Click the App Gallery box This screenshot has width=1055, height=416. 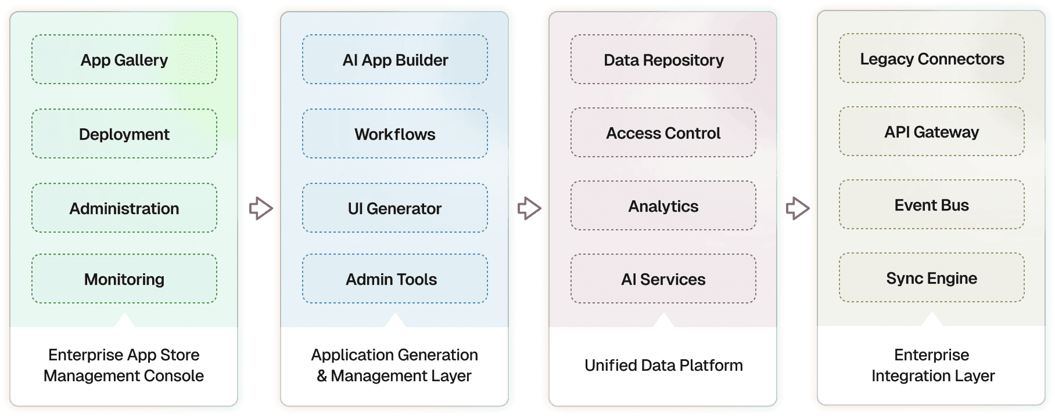coord(124,60)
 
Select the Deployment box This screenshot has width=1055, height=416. coord(124,134)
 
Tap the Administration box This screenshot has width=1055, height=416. coord(124,208)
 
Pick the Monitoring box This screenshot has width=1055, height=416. coord(124,279)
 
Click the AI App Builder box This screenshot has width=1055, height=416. coord(395,60)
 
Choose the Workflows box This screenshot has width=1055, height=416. coord(395,134)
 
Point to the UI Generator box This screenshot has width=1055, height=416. coord(395,208)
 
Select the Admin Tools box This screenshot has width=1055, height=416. coord(395,279)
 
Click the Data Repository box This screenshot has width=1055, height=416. coord(663,60)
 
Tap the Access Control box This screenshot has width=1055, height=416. coord(663,133)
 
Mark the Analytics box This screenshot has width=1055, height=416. coord(663,206)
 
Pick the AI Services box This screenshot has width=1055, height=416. coord(663,279)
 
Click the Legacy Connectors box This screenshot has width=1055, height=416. coord(932,59)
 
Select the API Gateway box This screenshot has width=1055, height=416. coord(932,132)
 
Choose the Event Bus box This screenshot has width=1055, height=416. coord(932,205)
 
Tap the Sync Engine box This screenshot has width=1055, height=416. coord(932,278)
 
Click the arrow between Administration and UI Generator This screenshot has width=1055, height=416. coord(261,208)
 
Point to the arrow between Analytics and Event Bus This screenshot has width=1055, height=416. coord(798,208)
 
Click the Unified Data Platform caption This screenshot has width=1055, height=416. coord(663,366)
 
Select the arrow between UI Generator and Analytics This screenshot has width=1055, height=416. coord(529,208)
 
